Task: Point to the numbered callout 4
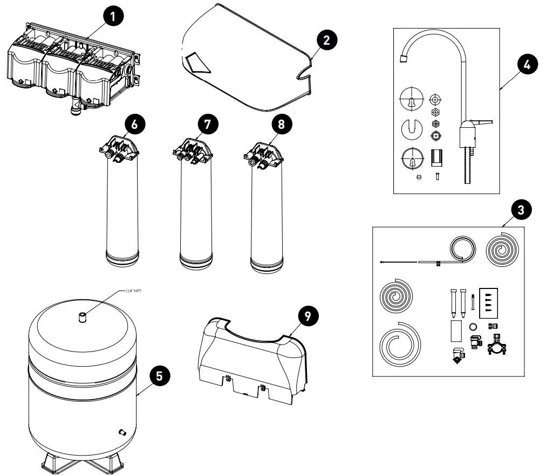[527, 64]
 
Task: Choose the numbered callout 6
[134, 123]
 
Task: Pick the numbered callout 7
[208, 123]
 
